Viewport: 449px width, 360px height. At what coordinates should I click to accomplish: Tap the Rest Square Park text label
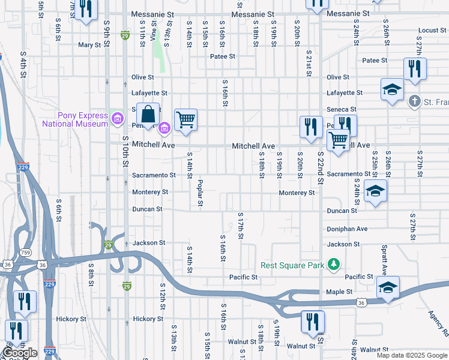click(x=292, y=265)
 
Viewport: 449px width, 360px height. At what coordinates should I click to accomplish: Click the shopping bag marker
click(x=147, y=114)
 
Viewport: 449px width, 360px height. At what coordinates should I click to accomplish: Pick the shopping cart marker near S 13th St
click(x=185, y=119)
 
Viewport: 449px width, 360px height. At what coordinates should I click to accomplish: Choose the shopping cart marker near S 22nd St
click(x=339, y=141)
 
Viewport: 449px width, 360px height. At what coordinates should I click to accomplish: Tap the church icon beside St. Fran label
click(x=414, y=101)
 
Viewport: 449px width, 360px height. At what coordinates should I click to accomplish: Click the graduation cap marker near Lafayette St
click(x=392, y=90)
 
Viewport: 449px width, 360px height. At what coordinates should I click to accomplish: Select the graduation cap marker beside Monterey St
click(x=376, y=191)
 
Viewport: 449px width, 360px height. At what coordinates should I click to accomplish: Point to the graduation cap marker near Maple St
click(x=388, y=287)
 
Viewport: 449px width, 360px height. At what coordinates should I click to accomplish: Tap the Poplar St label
click(x=200, y=194)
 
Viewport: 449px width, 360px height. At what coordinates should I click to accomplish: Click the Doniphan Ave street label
click(x=347, y=229)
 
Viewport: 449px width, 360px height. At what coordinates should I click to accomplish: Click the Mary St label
click(x=89, y=45)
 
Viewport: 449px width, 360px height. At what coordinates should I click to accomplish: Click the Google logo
click(x=20, y=353)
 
